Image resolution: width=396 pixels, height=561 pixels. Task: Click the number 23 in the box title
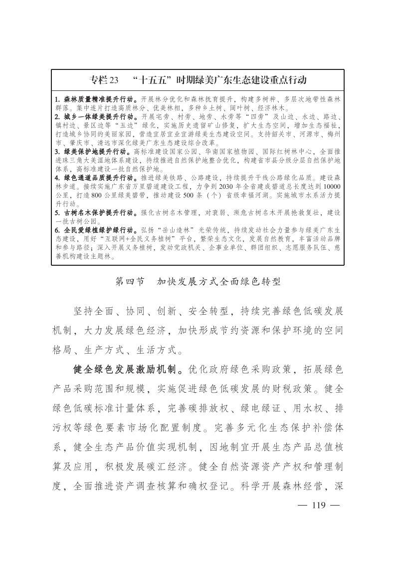coord(114,80)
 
